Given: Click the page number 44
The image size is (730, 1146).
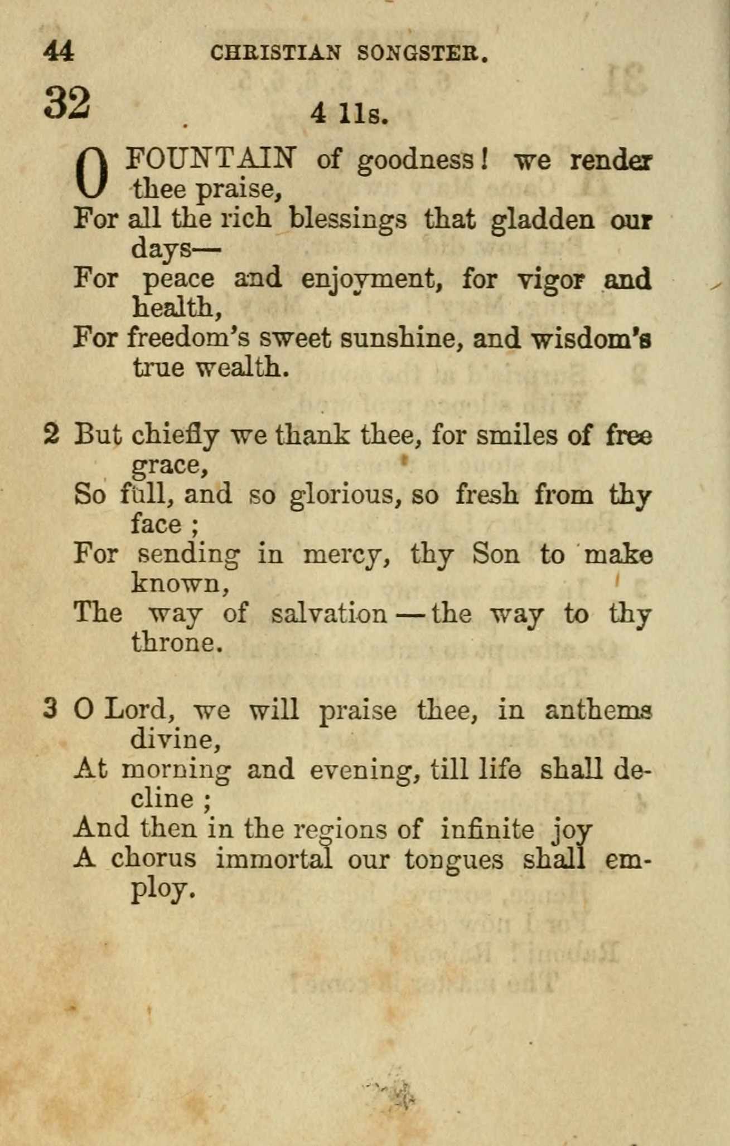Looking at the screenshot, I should [58, 52].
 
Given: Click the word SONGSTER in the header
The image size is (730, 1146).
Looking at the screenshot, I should [423, 53].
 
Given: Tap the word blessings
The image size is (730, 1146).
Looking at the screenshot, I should [348, 220].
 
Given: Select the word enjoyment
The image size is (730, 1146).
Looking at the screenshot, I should [368, 280].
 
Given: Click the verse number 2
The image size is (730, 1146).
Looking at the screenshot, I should [51, 435].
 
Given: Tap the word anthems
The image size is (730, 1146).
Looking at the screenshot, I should [598, 710].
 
